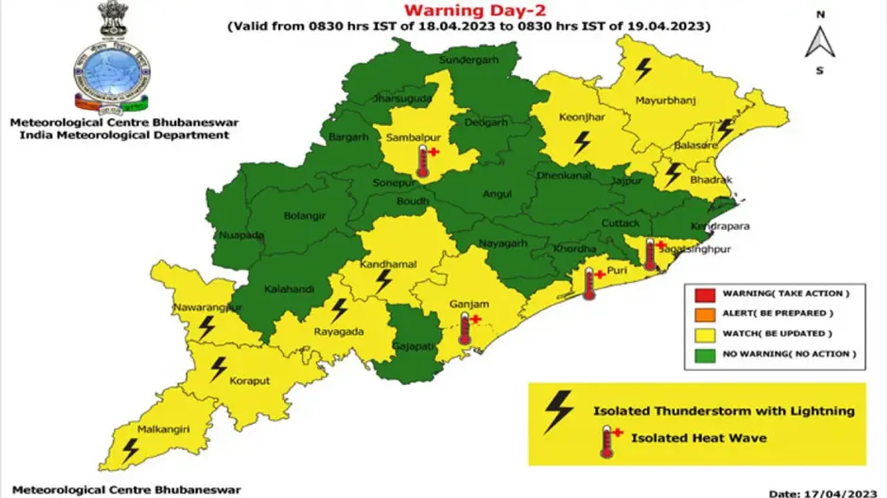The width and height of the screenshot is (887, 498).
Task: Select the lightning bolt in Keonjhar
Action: tap(582, 143)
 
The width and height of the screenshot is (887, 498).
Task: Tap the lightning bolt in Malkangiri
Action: tap(130, 450)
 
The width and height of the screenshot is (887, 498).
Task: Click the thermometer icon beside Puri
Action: tap(590, 283)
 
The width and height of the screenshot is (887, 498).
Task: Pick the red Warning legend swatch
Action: tap(703, 294)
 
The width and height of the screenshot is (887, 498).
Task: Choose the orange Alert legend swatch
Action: tap(703, 314)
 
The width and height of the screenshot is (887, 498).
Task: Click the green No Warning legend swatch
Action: tap(703, 354)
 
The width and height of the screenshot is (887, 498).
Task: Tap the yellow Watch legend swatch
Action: tap(703, 334)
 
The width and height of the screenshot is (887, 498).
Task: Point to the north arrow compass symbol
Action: tap(820, 42)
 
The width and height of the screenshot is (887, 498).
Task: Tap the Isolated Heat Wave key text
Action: tap(699, 438)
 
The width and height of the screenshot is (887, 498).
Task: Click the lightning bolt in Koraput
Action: tap(219, 368)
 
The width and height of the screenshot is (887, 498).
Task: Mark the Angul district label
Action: tap(498, 194)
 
